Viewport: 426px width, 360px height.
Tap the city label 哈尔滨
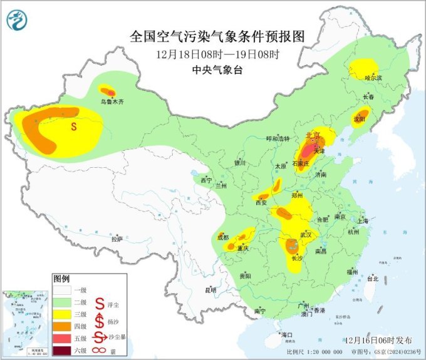373,78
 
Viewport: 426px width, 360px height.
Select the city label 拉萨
117,239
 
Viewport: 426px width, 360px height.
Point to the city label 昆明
210,290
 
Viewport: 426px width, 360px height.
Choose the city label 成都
222,237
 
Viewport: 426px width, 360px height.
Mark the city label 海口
288,335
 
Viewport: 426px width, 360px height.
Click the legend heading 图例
61,277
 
